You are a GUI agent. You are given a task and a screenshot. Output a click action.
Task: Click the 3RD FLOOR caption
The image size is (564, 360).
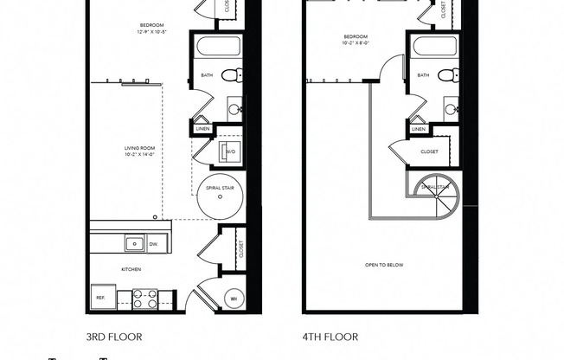[x=113, y=337]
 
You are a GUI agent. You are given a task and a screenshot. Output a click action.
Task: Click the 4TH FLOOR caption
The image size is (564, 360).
[x=330, y=337]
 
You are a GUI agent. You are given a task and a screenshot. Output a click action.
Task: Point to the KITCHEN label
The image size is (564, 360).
[x=131, y=269]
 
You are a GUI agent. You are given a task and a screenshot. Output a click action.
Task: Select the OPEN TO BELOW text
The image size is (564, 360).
[x=385, y=265]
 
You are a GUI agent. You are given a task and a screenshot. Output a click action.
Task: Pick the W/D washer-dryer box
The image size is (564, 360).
[x=231, y=152]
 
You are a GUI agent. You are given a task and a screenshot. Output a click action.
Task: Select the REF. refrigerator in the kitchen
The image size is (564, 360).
[x=100, y=297]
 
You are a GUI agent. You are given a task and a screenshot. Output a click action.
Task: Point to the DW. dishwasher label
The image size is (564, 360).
[x=154, y=245]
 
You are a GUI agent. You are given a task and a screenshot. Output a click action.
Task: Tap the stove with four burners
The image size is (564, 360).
[x=144, y=299]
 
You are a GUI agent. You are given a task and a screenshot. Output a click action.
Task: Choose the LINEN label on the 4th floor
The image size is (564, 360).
[x=419, y=129]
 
